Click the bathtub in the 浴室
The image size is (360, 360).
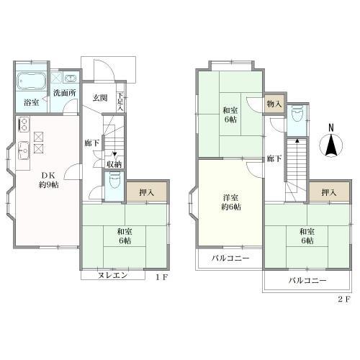[32, 81]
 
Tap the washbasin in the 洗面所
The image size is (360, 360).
[71, 78]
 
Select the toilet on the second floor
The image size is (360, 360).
[297, 114]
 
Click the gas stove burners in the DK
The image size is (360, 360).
[24, 125]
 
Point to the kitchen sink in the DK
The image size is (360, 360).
[24, 150]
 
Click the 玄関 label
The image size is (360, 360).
[100, 98]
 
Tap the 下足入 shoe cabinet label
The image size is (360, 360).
[120, 102]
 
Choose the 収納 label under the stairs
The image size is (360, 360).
[114, 164]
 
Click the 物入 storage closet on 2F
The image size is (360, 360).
[274, 104]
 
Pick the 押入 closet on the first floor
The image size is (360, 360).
[147, 192]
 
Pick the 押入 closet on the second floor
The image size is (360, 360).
[329, 192]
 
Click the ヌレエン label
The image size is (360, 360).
[112, 275]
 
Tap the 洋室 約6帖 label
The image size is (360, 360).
[231, 202]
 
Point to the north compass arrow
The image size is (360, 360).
[331, 145]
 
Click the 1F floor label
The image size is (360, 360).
[161, 278]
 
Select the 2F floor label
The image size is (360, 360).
[344, 300]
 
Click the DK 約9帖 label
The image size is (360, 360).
[49, 180]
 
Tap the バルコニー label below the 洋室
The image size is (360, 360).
[230, 258]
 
